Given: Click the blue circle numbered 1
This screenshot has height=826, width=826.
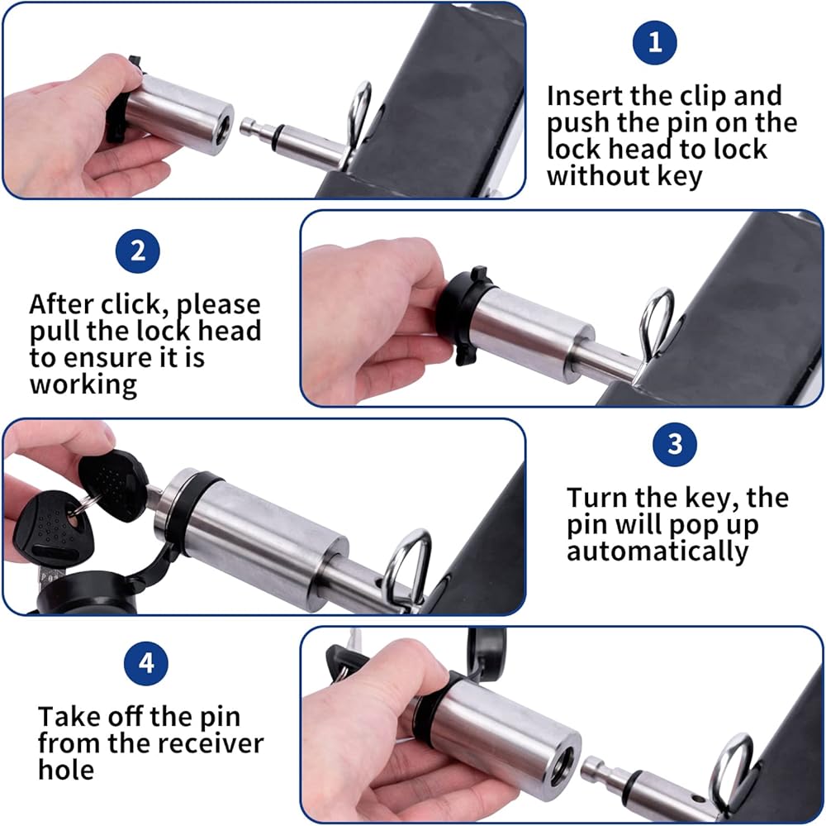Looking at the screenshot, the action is [x=655, y=42].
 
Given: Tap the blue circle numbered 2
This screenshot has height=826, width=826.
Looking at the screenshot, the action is [x=137, y=251].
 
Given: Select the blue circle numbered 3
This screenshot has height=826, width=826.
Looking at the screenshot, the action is [x=675, y=444].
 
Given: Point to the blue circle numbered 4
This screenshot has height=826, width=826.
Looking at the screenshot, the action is [x=146, y=663].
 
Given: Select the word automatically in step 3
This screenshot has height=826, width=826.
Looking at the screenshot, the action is [x=657, y=551].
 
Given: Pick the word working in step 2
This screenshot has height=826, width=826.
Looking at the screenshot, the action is [x=83, y=384].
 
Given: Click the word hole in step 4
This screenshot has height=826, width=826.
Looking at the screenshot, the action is [x=66, y=770].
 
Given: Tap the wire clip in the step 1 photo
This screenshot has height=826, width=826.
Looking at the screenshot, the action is [x=358, y=122].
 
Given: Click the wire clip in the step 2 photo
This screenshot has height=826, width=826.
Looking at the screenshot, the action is [x=655, y=328].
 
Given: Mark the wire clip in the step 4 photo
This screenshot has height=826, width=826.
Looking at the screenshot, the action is [x=731, y=770].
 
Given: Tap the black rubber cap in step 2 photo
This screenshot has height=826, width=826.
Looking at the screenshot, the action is [x=462, y=315].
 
